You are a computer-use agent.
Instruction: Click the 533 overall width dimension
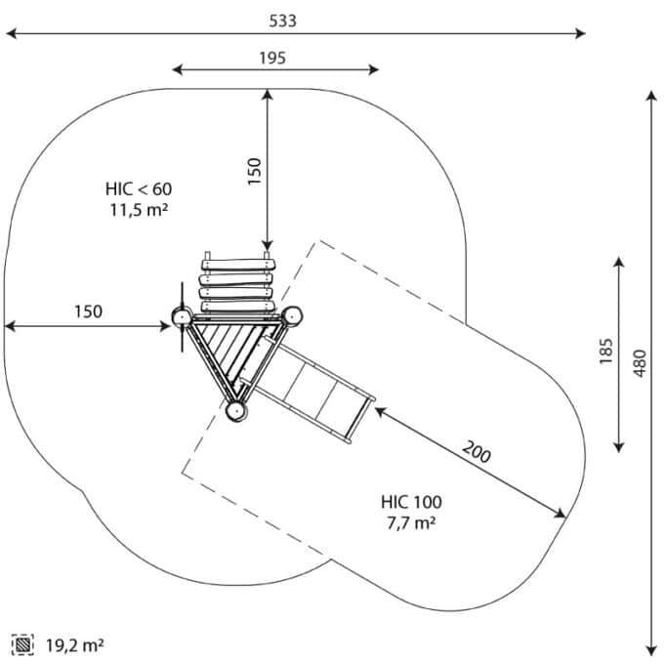(x=282, y=21)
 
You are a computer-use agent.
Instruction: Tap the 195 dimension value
(x=272, y=58)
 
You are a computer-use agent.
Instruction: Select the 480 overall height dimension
(x=640, y=363)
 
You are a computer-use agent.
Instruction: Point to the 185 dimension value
(x=606, y=352)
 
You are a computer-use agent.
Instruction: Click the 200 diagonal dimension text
(x=477, y=451)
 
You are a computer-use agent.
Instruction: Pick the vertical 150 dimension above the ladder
(x=254, y=172)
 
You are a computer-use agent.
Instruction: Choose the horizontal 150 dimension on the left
(x=89, y=311)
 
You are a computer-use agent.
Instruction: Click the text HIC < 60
(x=139, y=188)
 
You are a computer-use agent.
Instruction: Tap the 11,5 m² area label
(x=140, y=210)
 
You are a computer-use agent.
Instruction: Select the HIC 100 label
(x=411, y=502)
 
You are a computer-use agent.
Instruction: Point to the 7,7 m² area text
(x=411, y=523)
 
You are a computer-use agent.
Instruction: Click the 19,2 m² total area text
(x=74, y=645)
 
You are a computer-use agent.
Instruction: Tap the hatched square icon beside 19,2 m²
(x=22, y=644)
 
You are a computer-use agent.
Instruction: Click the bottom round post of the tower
(x=236, y=411)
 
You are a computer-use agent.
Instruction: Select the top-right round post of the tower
(x=292, y=316)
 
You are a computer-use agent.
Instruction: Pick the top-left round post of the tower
(x=182, y=316)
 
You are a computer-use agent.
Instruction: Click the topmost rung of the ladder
(x=239, y=265)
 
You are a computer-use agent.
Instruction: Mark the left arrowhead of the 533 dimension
(x=12, y=33)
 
